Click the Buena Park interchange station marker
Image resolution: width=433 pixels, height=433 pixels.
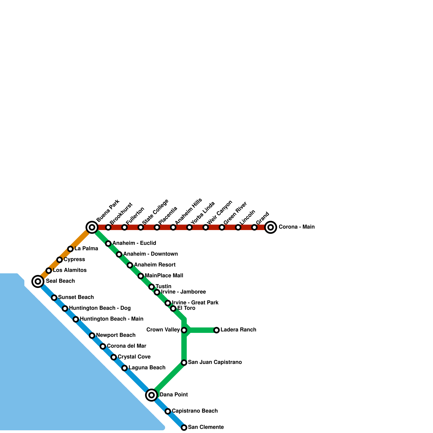(92, 227)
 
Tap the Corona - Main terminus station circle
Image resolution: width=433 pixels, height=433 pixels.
(271, 227)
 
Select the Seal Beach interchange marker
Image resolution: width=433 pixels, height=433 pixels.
(38, 281)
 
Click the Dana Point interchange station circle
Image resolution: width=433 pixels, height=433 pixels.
(152, 395)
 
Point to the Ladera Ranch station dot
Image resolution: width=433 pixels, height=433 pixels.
(216, 330)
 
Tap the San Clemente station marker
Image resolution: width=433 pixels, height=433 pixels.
(184, 427)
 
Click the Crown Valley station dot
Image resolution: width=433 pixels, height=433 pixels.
(184, 330)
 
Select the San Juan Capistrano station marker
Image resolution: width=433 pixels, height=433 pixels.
(184, 362)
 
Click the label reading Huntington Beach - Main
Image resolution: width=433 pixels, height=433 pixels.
(111, 319)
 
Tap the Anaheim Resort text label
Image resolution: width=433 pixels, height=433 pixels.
(155, 265)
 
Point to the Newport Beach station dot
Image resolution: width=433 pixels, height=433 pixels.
(92, 335)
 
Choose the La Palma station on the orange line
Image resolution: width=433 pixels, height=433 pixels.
(70, 249)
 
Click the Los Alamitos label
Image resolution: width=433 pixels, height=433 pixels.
(70, 270)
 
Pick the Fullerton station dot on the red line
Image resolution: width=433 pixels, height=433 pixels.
(124, 227)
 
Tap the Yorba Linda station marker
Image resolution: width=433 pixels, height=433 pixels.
(189, 227)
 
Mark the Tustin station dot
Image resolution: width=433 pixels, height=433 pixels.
(152, 287)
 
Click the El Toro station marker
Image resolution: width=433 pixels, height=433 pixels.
(173, 308)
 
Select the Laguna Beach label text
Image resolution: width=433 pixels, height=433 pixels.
(147, 368)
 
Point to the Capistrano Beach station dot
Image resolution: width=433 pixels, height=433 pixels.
(168, 411)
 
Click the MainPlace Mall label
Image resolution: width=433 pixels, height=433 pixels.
(164, 275)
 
